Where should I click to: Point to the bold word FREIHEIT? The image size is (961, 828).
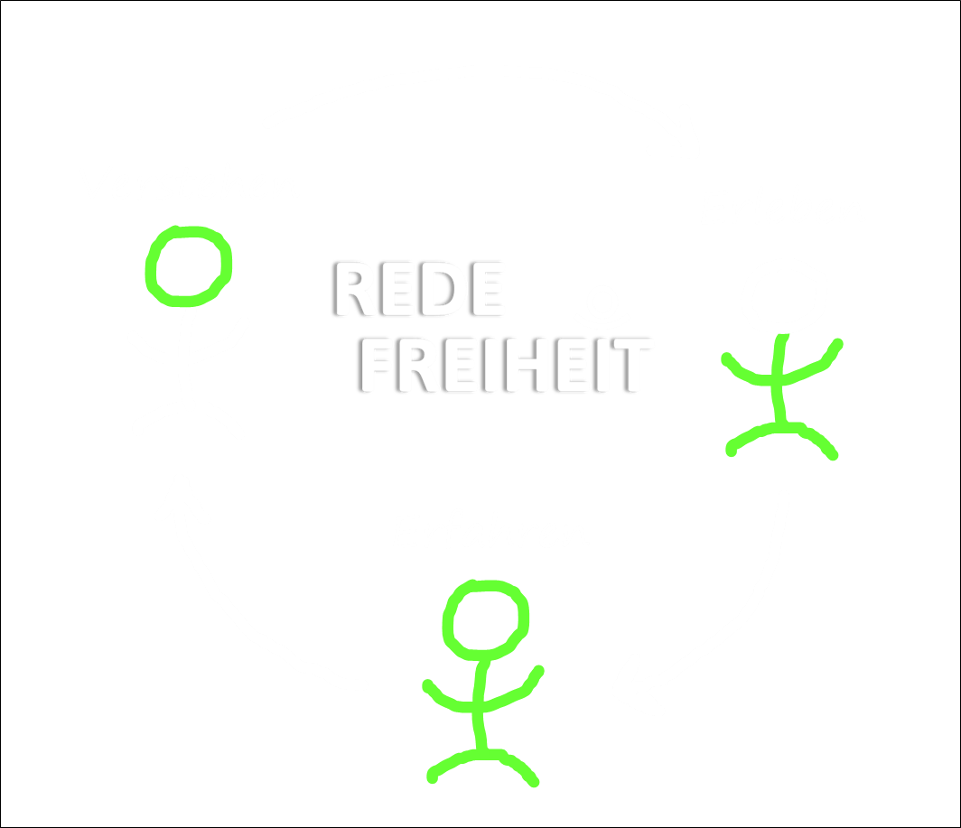tap(503, 365)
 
